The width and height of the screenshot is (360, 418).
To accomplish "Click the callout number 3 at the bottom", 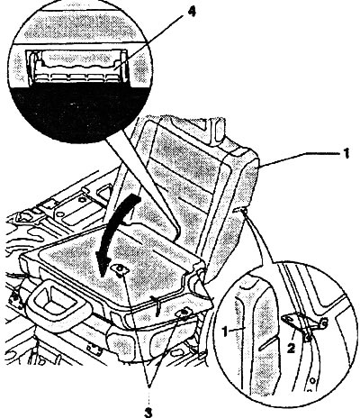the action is tap(148, 410).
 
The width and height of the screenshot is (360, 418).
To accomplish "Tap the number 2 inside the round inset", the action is tap(291, 348).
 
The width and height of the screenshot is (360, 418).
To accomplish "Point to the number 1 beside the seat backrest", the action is tap(346, 153).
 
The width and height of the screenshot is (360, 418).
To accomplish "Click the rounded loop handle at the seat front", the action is tap(57, 304).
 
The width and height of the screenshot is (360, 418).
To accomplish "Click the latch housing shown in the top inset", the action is tap(78, 66).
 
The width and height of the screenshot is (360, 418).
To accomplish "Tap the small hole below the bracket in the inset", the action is tap(312, 380).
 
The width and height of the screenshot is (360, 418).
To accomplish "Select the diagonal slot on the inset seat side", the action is tap(267, 342).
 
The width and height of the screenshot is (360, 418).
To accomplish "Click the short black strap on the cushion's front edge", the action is tap(156, 305).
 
